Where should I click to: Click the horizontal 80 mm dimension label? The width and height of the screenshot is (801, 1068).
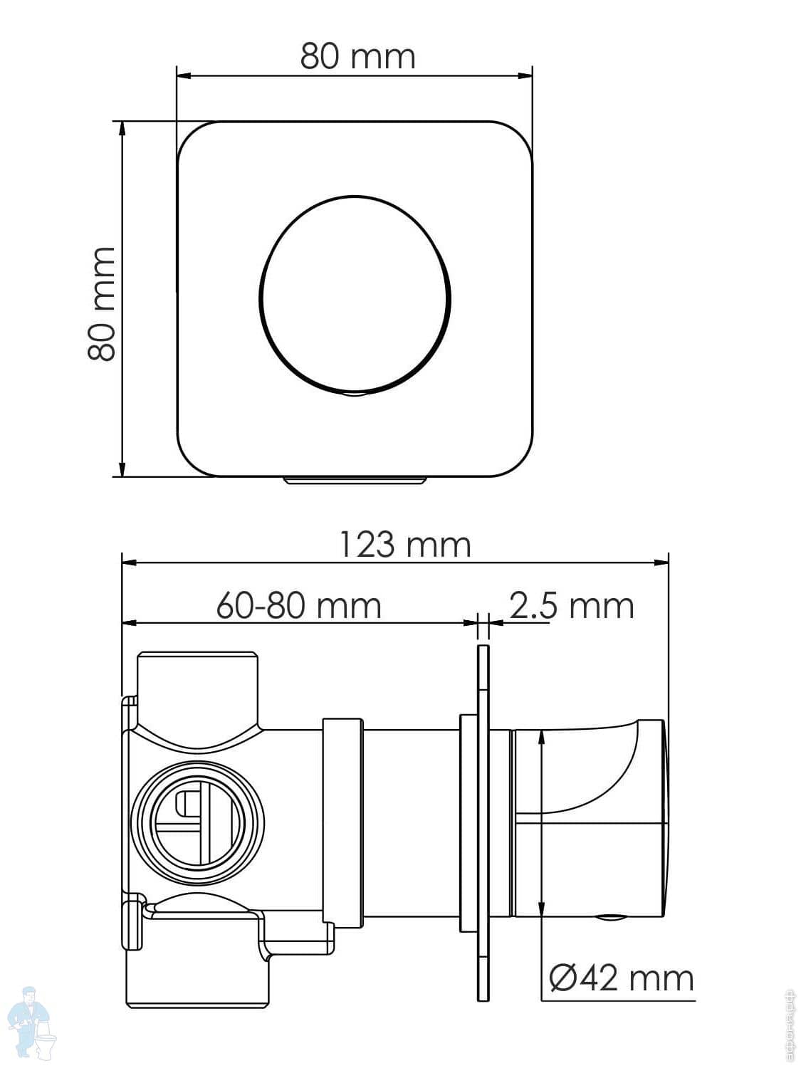(x=357, y=56)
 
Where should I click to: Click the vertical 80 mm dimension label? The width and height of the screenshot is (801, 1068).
(x=102, y=304)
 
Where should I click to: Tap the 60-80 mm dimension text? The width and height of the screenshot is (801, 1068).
(x=298, y=606)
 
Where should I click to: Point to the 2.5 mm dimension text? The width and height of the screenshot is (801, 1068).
(x=572, y=606)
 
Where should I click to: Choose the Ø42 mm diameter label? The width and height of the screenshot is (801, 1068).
(x=621, y=978)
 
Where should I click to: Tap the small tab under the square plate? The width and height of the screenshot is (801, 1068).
(x=355, y=481)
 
